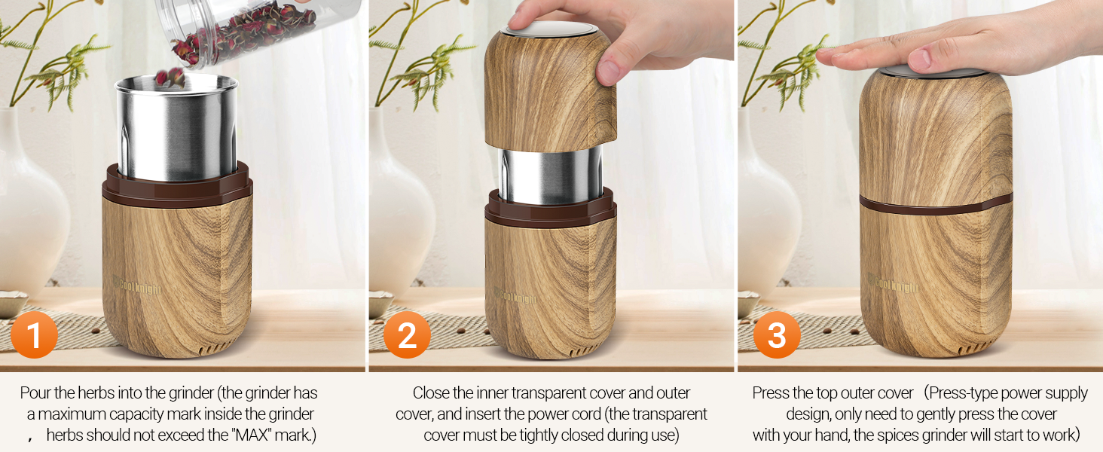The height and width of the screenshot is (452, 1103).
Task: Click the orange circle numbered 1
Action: click(x=34, y=334)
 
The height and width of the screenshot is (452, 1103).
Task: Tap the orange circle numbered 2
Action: click(x=407, y=334)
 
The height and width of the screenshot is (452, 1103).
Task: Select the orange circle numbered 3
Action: click(x=776, y=334)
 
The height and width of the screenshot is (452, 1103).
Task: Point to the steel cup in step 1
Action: click(x=176, y=132)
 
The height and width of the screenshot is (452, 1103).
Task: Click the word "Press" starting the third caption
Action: click(x=771, y=393)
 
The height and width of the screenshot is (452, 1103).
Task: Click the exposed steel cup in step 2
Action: click(x=551, y=175)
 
